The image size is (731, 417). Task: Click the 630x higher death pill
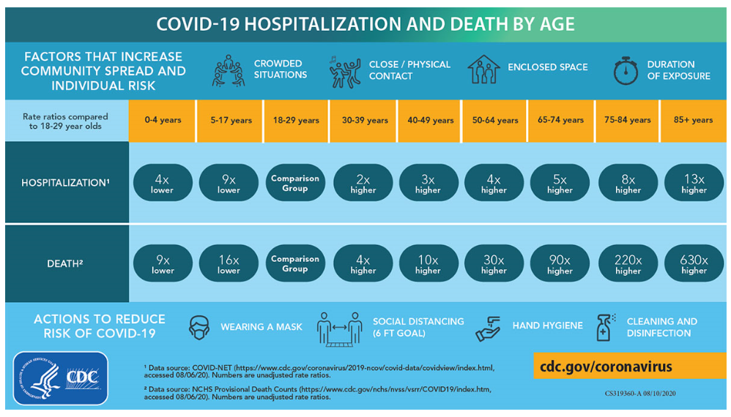(x=694, y=263)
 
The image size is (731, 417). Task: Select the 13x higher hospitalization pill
(x=694, y=183)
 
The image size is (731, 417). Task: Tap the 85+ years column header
(x=693, y=120)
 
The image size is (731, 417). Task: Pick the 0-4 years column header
(x=163, y=120)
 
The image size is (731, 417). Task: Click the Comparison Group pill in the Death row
(x=295, y=263)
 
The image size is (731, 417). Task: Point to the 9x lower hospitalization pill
(x=229, y=183)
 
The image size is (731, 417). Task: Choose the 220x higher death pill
(x=628, y=263)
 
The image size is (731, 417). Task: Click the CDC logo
(x=60, y=378)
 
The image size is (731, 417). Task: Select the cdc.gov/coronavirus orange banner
(x=629, y=366)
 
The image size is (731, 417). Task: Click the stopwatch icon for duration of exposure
(x=626, y=71)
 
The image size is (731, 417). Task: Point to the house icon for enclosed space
(x=483, y=69)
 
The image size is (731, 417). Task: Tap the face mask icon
(x=199, y=327)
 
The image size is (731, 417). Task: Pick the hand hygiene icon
(x=488, y=327)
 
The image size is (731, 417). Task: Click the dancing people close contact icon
(x=345, y=71)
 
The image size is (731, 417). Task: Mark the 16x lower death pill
(x=229, y=263)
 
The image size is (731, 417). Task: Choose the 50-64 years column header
(x=494, y=120)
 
